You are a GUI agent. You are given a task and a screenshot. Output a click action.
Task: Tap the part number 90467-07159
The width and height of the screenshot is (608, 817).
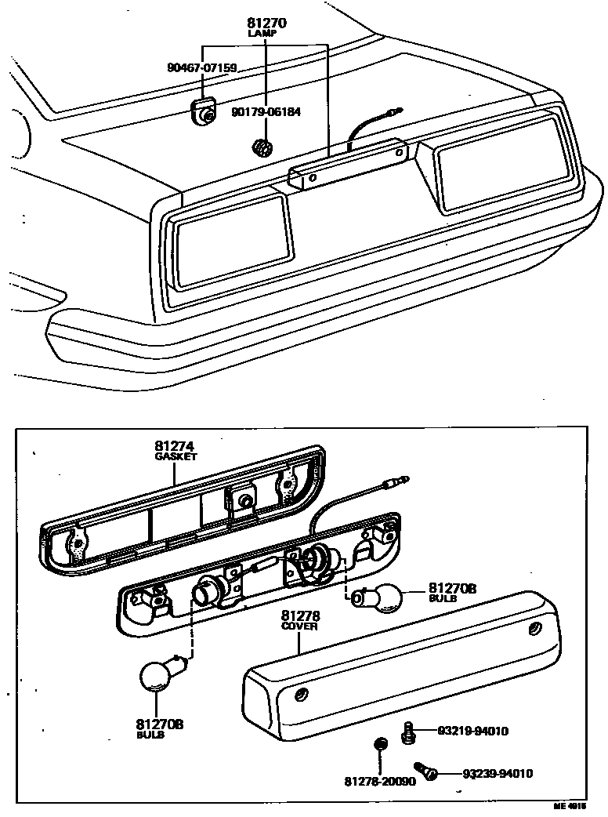pyautogui.click(x=201, y=68)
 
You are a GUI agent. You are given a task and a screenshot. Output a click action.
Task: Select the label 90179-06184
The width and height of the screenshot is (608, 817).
pyautogui.click(x=266, y=112)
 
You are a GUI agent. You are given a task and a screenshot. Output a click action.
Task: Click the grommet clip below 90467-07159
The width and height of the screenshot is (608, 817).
pyautogui.click(x=205, y=111)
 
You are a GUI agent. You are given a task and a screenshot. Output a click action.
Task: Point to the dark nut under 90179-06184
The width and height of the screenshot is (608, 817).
pyautogui.click(x=263, y=147)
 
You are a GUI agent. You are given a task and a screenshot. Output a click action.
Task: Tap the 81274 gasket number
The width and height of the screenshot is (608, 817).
pyautogui.click(x=176, y=446)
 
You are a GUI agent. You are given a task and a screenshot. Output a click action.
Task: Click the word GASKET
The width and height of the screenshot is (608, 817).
pyautogui.click(x=176, y=456)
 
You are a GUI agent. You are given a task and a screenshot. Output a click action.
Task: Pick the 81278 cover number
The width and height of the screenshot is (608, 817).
pyautogui.click(x=300, y=617)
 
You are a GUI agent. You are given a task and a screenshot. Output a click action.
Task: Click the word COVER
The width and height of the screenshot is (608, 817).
pyautogui.click(x=300, y=627)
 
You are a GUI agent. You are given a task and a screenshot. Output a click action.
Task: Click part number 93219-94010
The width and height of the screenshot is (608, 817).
pyautogui.click(x=473, y=732)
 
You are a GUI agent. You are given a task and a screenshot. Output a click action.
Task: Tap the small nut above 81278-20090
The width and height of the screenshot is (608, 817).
pyautogui.click(x=378, y=744)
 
